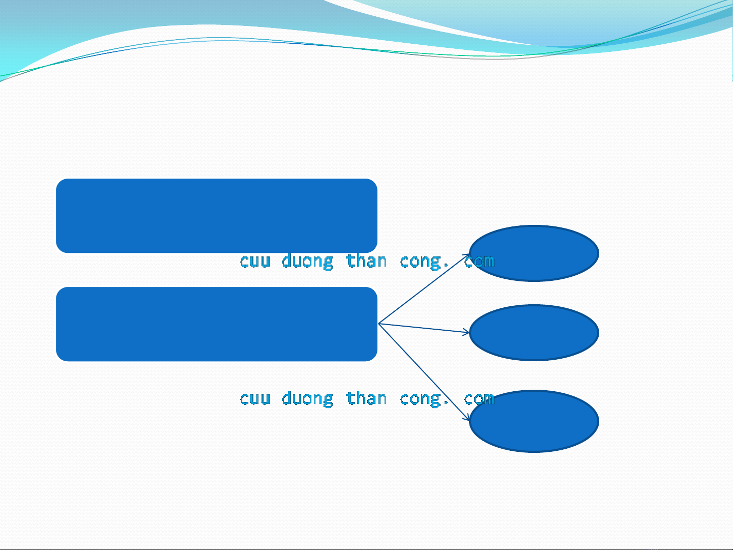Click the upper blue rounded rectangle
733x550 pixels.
[x=217, y=216]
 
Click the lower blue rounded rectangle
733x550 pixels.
[x=217, y=324]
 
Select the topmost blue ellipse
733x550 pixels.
[x=534, y=253]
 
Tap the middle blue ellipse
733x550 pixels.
[x=534, y=333]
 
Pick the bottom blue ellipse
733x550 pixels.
[x=534, y=421]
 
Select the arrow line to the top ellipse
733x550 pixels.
[x=424, y=289]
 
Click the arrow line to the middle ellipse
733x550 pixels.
[x=424, y=328]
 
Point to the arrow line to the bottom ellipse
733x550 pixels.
[x=424, y=372]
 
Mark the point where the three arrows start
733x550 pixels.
[x=378, y=324]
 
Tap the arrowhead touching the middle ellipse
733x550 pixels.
[x=466, y=332]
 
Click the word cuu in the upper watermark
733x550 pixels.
[x=255, y=261]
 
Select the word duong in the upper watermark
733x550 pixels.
[x=307, y=261]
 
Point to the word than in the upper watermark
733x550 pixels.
[x=366, y=260]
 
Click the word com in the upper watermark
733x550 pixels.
[x=479, y=261]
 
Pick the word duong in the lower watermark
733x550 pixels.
[x=307, y=399]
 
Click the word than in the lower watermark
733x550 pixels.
[x=366, y=398]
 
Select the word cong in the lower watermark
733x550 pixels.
[x=421, y=399]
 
